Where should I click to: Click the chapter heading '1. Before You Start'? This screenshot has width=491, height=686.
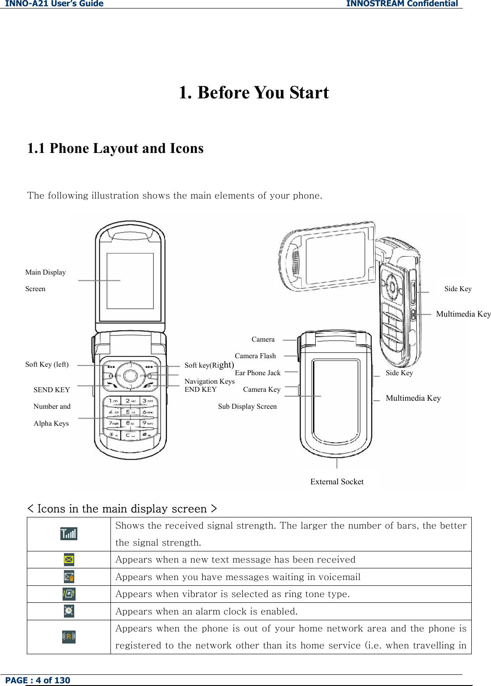coord(254,93)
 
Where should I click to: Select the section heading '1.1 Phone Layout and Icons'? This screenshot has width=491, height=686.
coord(115,148)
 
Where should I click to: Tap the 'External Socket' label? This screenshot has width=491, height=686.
coord(337,482)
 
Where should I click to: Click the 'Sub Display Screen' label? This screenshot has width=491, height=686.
coord(247,407)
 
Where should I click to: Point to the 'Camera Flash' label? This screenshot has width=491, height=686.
coord(255,356)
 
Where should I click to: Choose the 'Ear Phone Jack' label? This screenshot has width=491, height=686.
coord(258,373)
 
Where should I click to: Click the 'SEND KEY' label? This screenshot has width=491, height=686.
coord(51,390)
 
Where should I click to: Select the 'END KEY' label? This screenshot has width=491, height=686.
coord(200,390)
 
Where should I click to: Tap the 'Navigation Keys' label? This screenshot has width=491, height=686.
coord(209,381)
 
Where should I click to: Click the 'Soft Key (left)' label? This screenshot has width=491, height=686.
coord(47,364)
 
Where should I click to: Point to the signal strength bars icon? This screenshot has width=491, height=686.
coord(69,534)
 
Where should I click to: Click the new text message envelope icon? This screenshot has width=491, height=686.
coord(69,559)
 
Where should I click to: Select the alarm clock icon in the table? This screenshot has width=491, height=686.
coord(69,611)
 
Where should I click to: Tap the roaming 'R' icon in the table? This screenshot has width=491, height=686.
coord(69,636)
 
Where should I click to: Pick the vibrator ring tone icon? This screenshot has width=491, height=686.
coord(69,594)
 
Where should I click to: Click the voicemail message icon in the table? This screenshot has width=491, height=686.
coord(69,577)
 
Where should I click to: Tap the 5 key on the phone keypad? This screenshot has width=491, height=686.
coord(130,412)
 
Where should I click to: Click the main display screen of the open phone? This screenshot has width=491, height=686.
coord(130,281)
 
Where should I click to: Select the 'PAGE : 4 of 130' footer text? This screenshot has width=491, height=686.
coord(38,680)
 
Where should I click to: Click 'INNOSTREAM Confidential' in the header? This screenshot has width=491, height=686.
coord(402,4)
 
